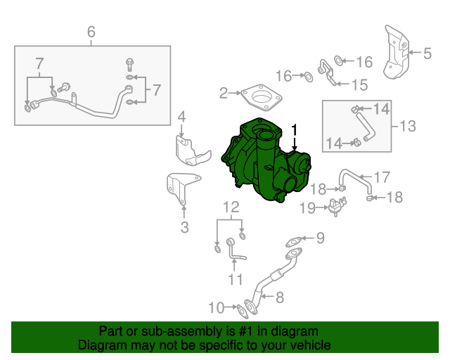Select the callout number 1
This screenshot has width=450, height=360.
295,130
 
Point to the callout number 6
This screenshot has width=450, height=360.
90,32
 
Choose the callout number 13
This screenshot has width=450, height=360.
408,127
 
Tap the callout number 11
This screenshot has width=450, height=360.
234,280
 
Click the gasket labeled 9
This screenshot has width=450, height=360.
295,243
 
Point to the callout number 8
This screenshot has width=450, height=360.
279,297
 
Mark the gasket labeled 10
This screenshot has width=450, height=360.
244,308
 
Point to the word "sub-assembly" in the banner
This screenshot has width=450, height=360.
155,330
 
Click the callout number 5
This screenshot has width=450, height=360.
427,52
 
